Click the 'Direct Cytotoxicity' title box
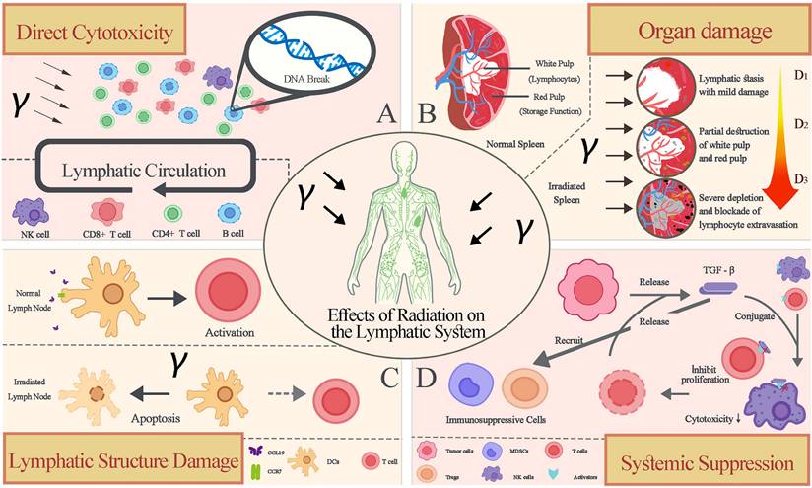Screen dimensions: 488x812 click(x=95, y=33)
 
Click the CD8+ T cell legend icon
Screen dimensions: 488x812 click(x=106, y=213)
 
